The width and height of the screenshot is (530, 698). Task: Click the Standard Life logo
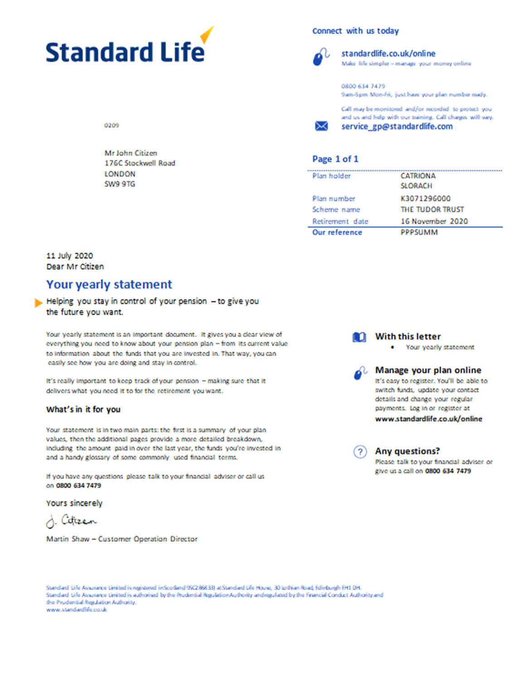127,51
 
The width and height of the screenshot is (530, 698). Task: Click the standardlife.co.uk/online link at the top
388,53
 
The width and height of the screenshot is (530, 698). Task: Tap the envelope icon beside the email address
321,126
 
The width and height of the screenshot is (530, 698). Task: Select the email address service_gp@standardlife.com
397,126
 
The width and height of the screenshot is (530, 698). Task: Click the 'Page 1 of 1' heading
335,159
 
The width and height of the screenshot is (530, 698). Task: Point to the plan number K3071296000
425,199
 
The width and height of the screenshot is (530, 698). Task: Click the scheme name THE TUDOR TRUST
432,209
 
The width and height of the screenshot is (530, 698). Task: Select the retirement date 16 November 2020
434,221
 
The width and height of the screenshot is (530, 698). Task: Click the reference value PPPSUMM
419,233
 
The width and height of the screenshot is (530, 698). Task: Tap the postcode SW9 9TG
120,184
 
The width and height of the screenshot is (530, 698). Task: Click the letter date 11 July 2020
69,256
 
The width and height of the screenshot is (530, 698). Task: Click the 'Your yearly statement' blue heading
109,285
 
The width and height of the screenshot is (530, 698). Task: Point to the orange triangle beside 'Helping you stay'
39,303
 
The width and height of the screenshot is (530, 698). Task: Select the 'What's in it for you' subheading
83,409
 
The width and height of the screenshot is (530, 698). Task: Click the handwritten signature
71,521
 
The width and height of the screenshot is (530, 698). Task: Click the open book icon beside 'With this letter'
359,337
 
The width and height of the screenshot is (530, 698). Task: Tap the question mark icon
360,452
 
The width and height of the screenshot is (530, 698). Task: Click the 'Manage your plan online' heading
428,370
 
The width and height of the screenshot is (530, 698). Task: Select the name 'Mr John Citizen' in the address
131,153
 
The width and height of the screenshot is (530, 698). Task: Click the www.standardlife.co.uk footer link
76,610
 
